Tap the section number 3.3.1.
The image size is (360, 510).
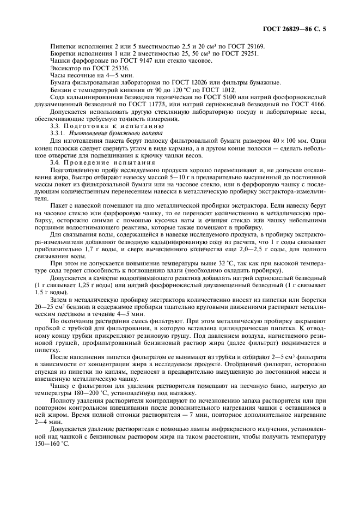coord(57,132)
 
